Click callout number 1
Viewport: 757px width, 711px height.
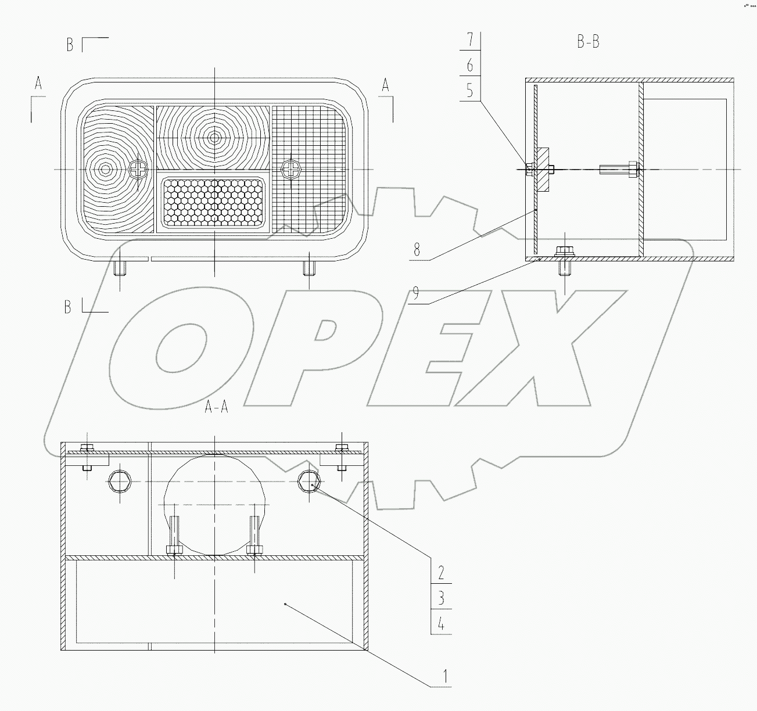pos(445,676)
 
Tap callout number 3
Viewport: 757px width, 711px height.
pos(442,598)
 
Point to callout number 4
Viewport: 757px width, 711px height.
pos(442,624)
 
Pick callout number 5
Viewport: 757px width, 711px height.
pos(470,91)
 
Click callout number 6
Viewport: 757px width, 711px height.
pos(470,66)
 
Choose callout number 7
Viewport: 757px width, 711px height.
pos(470,40)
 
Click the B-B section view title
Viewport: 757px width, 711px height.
pos(587,42)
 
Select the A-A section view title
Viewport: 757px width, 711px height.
pos(217,408)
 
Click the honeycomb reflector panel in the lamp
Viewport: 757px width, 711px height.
pos(214,202)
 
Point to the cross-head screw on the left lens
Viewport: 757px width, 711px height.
pos(138,170)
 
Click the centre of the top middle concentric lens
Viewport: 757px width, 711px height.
pos(214,138)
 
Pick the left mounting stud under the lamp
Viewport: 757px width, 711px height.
pos(120,268)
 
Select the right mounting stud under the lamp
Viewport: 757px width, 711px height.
pos(309,268)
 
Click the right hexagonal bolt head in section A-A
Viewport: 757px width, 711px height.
pos(308,480)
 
